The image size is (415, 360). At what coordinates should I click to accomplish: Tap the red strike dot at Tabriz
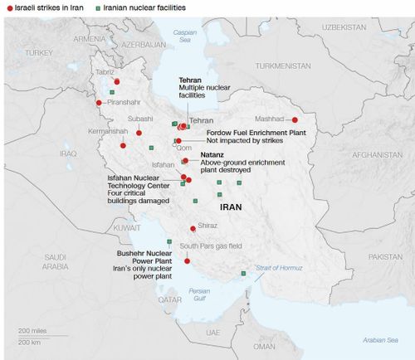(x=117, y=81)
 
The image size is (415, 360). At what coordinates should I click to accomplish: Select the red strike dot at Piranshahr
(x=99, y=103)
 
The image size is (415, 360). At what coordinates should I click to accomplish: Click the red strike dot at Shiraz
(x=193, y=228)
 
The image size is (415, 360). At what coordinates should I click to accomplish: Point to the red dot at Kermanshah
(x=124, y=145)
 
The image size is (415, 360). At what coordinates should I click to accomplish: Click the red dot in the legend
(x=7, y=7)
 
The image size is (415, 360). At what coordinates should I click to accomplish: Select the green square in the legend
(x=100, y=7)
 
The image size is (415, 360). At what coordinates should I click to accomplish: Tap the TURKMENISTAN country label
(x=283, y=65)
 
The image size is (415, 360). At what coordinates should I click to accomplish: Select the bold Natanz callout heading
(x=212, y=155)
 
